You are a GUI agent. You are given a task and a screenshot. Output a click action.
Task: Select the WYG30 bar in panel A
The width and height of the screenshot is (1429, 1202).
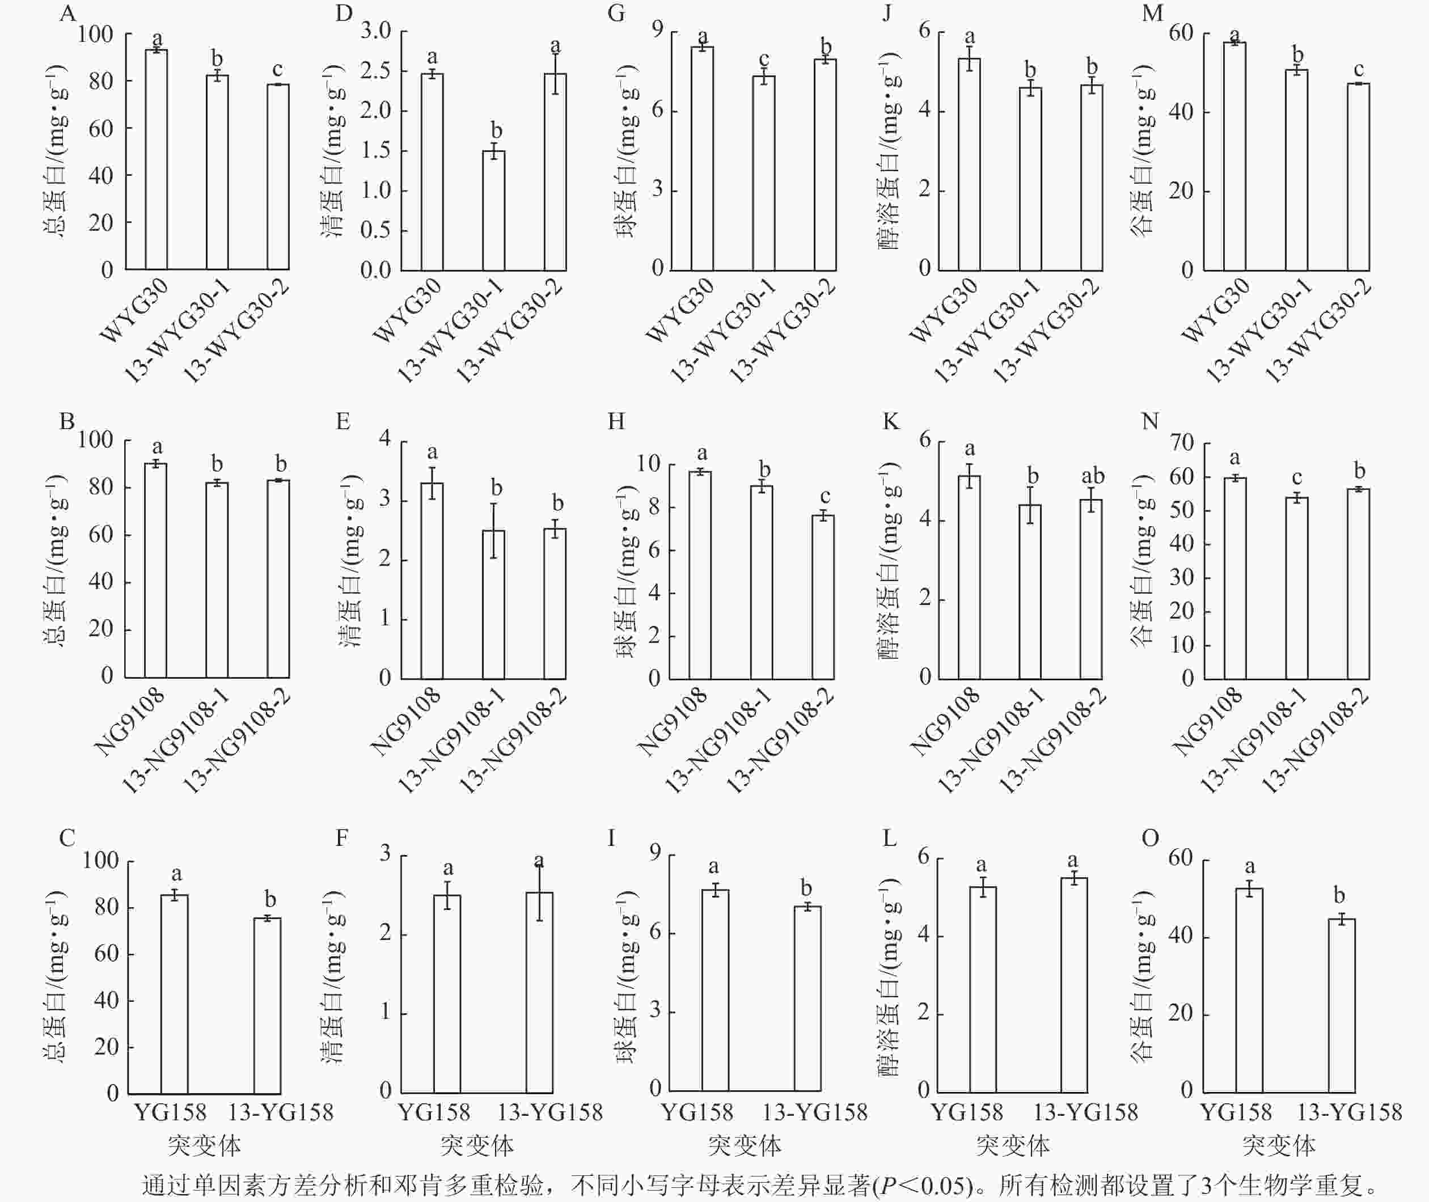(156, 159)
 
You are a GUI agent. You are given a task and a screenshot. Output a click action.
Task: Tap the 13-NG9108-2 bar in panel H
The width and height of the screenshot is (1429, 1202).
(822, 597)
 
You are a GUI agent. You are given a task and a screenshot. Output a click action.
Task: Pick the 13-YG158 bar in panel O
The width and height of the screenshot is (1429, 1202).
(1341, 1005)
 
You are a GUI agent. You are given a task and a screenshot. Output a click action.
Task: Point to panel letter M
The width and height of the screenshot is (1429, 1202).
(1151, 14)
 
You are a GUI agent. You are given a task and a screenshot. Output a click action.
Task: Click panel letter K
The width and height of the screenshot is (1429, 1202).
(890, 422)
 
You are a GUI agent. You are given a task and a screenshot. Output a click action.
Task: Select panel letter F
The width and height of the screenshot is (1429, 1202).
(342, 838)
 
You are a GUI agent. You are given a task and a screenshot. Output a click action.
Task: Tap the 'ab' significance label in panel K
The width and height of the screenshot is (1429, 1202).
(1092, 476)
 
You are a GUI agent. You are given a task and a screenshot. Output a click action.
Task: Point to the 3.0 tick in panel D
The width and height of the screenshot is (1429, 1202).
(375, 31)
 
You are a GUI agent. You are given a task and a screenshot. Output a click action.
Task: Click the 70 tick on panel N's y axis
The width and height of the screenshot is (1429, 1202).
(1182, 443)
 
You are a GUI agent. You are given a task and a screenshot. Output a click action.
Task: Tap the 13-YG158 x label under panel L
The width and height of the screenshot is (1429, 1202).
(1085, 1112)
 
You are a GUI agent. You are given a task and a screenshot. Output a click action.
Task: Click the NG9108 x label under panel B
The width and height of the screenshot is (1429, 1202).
(129, 722)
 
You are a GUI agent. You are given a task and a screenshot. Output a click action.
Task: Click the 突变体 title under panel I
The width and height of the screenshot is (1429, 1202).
(744, 1145)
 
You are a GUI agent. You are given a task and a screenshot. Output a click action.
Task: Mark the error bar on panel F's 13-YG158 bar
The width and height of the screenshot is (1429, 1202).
(539, 892)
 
